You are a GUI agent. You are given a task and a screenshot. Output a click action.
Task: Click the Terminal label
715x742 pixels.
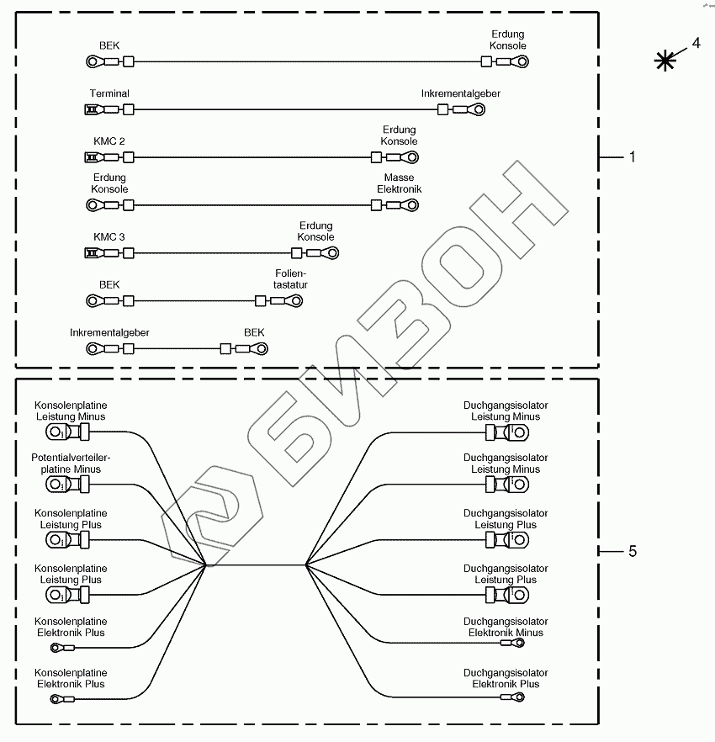[x=109, y=93]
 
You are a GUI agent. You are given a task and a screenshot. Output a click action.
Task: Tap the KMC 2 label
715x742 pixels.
[x=109, y=141]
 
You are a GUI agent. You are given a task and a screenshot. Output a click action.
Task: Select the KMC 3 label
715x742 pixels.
[x=109, y=237]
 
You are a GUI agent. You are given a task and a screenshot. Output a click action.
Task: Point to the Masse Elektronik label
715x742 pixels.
[x=399, y=183]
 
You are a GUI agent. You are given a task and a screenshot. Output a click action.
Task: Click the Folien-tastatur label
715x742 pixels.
[x=291, y=279]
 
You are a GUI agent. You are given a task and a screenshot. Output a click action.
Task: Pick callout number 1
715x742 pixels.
[x=633, y=157]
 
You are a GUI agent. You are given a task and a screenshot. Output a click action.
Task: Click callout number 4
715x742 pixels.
[x=696, y=42]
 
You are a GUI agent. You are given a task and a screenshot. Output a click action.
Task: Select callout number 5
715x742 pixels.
[x=633, y=551]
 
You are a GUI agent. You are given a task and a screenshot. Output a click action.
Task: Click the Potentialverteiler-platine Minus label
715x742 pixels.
[x=71, y=463]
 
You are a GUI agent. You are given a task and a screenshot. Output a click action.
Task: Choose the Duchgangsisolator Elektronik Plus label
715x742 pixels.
[x=506, y=678]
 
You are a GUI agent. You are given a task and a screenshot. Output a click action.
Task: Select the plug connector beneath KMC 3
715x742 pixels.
[x=91, y=252]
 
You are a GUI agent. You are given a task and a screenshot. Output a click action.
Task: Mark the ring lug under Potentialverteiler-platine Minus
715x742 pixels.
[x=56, y=485]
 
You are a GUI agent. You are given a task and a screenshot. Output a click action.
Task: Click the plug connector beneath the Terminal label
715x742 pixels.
[x=91, y=109]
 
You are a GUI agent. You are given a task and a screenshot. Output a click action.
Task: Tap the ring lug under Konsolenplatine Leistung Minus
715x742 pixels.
[x=56, y=433]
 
